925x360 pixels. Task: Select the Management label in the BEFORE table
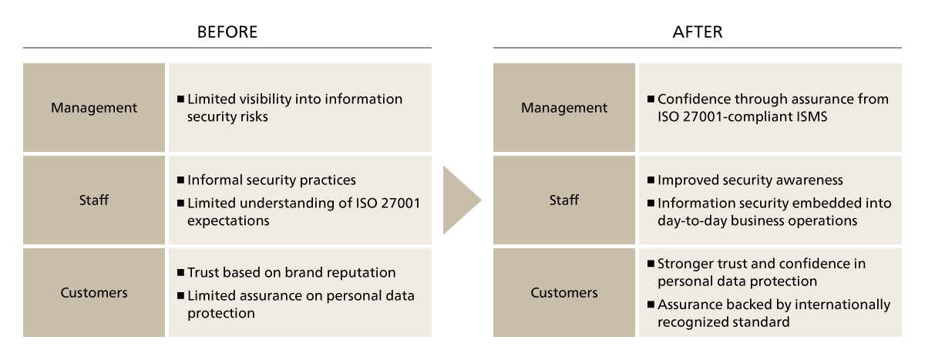94,108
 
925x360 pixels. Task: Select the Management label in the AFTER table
564,108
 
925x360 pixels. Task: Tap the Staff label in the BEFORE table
94,200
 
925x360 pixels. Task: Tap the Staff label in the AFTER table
564,200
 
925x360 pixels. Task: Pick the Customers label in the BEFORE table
94,292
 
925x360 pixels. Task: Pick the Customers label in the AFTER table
564,292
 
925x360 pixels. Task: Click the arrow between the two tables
461,200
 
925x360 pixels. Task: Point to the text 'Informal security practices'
271,180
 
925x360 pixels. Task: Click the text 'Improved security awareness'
750,180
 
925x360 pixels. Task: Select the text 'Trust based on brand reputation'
291,273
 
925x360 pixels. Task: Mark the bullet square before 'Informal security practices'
180,180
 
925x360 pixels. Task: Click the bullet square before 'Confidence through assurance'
651,99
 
